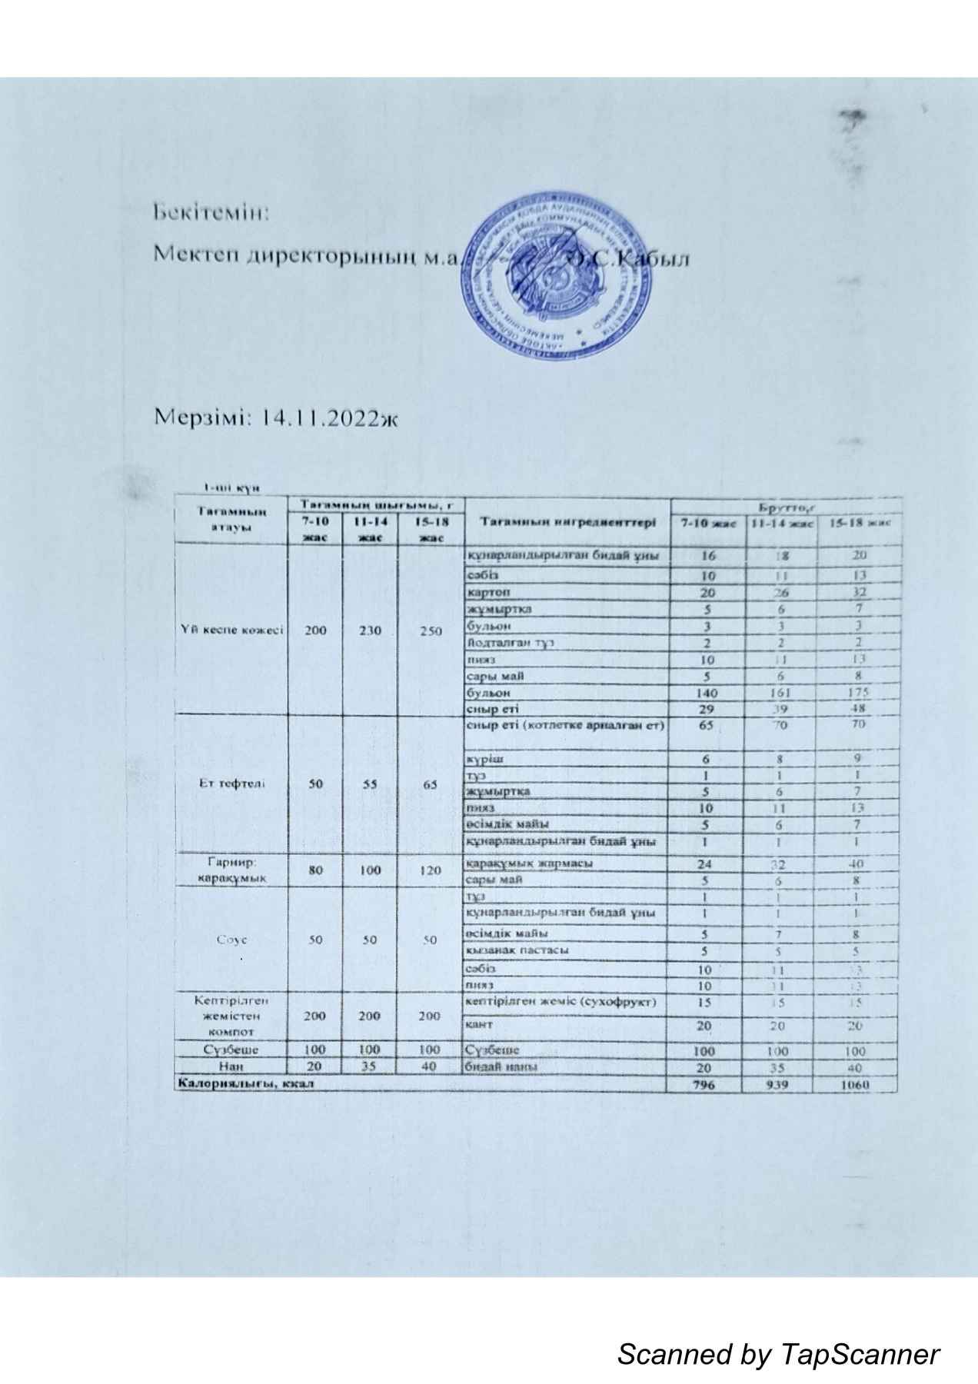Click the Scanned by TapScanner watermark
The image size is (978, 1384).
click(778, 1331)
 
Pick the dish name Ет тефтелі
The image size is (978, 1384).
click(231, 783)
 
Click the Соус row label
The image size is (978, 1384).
click(231, 940)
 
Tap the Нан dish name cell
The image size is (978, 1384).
click(231, 1066)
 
